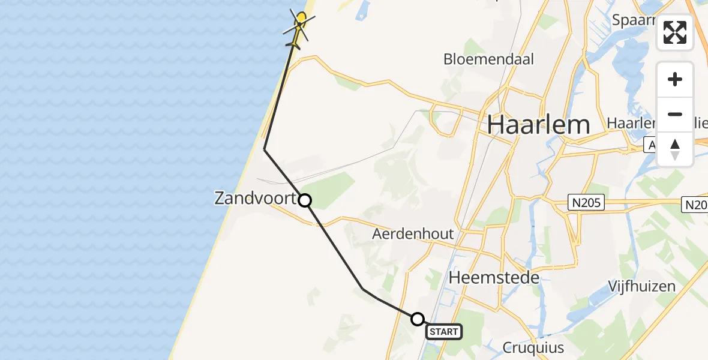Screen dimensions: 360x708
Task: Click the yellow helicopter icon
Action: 298,27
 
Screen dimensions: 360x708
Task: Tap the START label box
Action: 444,331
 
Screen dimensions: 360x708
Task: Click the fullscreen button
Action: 675,32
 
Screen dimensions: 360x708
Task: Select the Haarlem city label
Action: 538,125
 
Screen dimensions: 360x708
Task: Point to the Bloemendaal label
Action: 488,59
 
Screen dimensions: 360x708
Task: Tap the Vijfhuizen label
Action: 641,286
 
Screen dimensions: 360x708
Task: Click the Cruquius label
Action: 533,347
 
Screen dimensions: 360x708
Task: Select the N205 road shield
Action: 586,204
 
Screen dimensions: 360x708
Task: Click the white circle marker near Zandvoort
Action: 305,200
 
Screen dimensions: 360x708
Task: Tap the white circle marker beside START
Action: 418,319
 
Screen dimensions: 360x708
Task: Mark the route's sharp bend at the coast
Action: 265,149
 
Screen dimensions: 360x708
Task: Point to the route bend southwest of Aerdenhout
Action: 363,289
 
